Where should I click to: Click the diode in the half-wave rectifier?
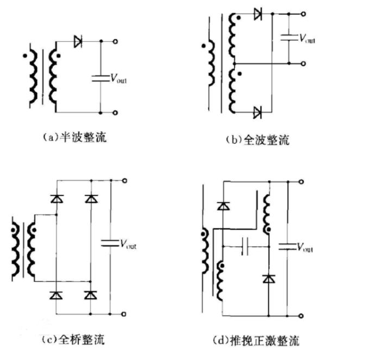click(78, 41)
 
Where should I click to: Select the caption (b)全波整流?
click(258, 140)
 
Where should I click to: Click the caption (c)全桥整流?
click(73, 340)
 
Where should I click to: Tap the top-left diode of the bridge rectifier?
click(57, 199)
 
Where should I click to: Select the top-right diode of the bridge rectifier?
click(90, 199)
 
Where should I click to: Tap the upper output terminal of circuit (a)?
click(116, 41)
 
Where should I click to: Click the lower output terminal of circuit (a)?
click(116, 113)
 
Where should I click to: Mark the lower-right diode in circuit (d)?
click(268, 279)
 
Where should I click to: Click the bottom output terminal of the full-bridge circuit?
click(124, 314)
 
